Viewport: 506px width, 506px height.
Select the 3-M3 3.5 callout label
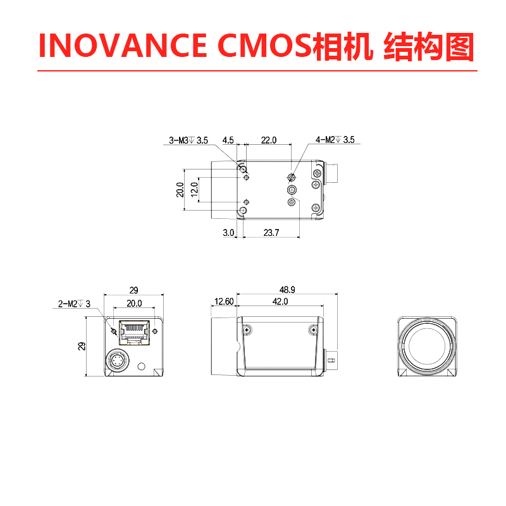tap(188, 140)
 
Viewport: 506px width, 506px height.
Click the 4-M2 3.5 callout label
tap(335, 140)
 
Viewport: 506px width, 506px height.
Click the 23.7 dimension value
tap(271, 233)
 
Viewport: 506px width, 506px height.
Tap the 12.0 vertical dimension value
tap(195, 187)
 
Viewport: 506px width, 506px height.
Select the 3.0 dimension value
tap(228, 233)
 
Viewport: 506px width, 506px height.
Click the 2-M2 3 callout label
tap(74, 304)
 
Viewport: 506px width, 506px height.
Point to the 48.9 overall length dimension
tap(287, 289)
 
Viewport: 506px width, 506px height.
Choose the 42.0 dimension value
tap(280, 302)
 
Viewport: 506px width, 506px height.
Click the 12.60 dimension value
tap(224, 302)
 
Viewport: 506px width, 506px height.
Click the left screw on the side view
tap(247, 330)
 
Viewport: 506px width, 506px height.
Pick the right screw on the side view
tap(314, 330)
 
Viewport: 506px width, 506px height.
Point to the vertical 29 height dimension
tap(82, 346)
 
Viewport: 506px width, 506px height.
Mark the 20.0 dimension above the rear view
tap(134, 304)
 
